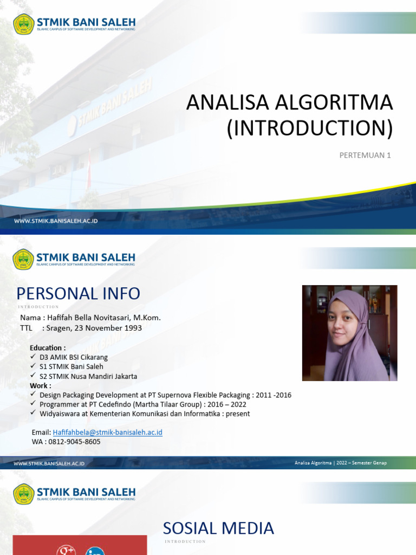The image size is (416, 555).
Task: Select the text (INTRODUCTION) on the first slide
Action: coord(309,128)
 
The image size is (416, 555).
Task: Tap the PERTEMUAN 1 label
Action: coord(365,156)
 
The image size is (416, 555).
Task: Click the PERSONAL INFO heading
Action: coord(78,294)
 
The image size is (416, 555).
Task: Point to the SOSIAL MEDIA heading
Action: coord(218,528)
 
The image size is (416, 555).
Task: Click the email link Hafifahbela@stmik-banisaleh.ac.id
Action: coord(107,432)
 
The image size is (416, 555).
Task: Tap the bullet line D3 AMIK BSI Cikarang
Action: coord(74,357)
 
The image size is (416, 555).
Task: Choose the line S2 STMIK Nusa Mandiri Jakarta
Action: coord(88,376)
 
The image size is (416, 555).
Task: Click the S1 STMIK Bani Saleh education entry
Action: coord(71,366)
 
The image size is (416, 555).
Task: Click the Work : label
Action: coord(41,385)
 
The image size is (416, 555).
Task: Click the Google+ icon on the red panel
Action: coord(66,550)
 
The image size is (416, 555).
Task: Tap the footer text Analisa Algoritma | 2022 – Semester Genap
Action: coord(341,463)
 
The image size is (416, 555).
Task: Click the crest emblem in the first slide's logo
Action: coord(23,24)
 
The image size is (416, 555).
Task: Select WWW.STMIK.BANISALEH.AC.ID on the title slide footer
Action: coord(56,221)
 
